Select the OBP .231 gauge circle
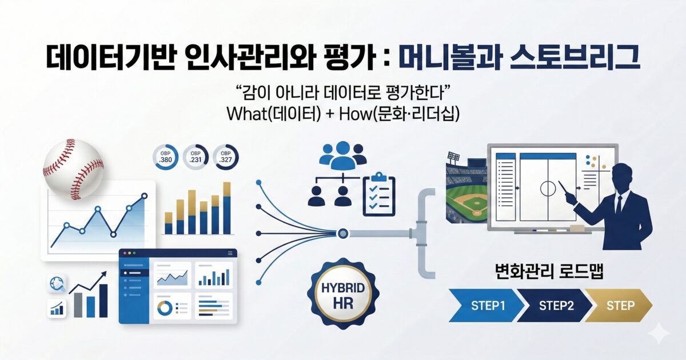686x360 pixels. [195, 157]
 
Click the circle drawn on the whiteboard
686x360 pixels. [547, 188]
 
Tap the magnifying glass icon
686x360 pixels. [58, 282]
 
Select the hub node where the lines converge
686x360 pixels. [343, 233]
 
